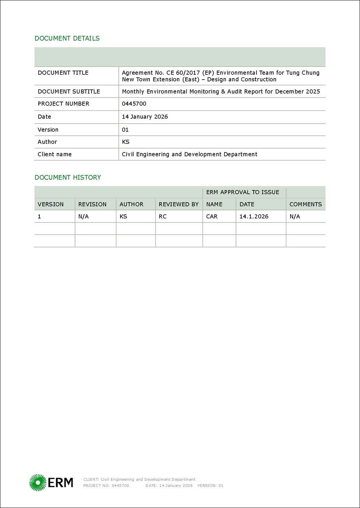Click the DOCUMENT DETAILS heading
67,38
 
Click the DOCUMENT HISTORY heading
68,178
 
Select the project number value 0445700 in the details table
134,104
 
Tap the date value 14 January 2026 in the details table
145,117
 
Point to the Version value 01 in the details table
125,130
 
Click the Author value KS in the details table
126,142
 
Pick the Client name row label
55,154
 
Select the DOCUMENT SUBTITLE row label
69,92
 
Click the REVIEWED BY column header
179,204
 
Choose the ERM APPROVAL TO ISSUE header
243,192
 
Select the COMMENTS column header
305,204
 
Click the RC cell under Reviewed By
162,217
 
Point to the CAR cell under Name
212,217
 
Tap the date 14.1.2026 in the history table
254,217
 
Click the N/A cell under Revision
83,217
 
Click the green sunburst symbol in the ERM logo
38,483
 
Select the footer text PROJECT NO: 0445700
106,486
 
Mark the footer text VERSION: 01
210,486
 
